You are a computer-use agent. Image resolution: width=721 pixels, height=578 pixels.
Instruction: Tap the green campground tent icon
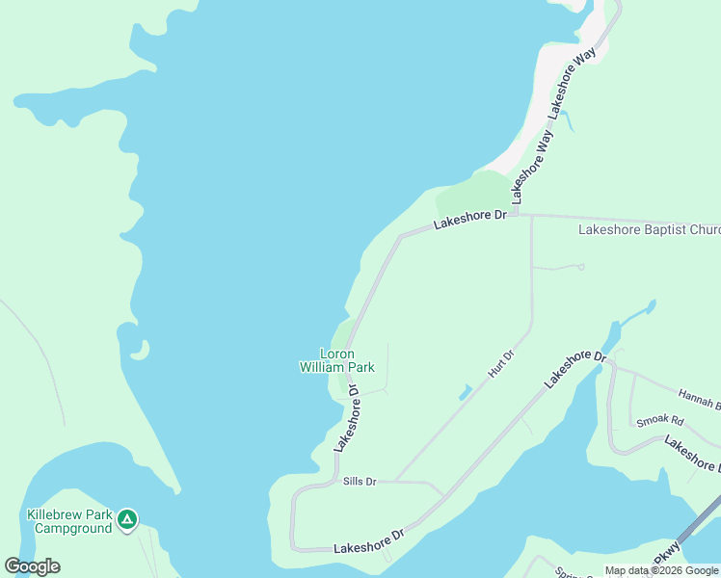[x=126, y=521]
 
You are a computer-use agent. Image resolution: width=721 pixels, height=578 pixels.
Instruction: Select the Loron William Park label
[x=335, y=360]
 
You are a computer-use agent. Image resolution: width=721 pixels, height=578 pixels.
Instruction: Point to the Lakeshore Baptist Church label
[x=648, y=230]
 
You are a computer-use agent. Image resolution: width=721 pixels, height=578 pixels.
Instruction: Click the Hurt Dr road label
[x=501, y=363]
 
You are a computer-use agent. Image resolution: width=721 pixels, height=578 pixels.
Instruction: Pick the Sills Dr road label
[x=359, y=481]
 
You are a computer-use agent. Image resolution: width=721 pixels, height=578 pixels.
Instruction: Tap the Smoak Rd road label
[x=658, y=421]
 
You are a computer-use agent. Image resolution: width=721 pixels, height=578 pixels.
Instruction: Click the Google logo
[x=32, y=566]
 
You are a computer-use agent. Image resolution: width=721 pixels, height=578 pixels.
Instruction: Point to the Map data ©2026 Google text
[x=661, y=570]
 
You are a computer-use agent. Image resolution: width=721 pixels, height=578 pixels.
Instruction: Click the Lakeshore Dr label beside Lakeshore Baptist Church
[x=469, y=220]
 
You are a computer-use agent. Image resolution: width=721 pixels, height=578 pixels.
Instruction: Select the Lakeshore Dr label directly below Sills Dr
[x=368, y=540]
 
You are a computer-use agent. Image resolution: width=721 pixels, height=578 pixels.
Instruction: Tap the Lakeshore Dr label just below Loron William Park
[x=346, y=418]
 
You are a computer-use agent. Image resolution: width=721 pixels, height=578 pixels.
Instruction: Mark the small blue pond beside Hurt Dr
[x=465, y=392]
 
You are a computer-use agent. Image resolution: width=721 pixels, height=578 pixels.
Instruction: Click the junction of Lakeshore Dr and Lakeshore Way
[x=514, y=214]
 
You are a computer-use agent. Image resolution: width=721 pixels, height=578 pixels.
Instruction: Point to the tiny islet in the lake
[x=142, y=350]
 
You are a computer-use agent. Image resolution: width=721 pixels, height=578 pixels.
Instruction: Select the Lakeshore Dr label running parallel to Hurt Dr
[x=574, y=369]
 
